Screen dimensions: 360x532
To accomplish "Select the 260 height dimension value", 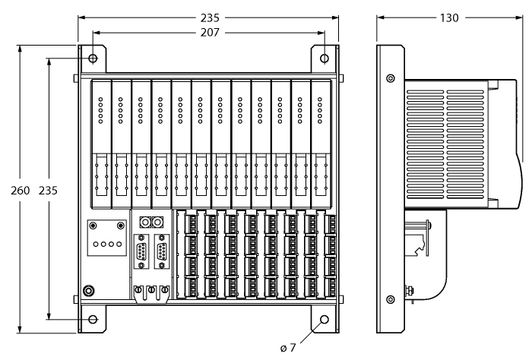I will click(20, 190).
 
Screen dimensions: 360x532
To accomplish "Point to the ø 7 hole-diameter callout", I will click(287, 348).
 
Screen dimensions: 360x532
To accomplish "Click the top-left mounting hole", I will click(93, 58).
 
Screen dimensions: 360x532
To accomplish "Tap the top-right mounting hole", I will click(325, 58).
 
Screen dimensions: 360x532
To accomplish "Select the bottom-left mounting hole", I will click(93, 320).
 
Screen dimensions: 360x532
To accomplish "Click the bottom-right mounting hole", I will click(325, 320).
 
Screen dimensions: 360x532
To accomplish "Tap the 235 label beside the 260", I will click(49, 190).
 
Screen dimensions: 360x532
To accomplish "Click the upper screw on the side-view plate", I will click(391, 78).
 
